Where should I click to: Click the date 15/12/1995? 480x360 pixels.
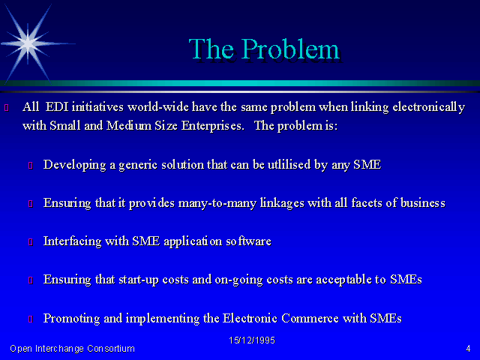point(252,340)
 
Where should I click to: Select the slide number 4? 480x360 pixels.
point(468,349)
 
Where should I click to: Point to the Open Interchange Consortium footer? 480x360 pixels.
point(72,349)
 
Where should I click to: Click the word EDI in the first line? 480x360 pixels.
point(57,106)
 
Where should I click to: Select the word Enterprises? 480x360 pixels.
point(212,126)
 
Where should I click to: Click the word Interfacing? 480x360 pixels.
point(72,241)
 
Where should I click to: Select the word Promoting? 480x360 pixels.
point(72,319)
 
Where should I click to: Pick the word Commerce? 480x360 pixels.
point(310,318)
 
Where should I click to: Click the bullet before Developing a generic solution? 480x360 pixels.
point(31,165)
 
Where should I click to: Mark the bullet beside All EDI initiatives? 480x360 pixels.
point(7,107)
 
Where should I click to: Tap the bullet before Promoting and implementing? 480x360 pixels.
point(31,319)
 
